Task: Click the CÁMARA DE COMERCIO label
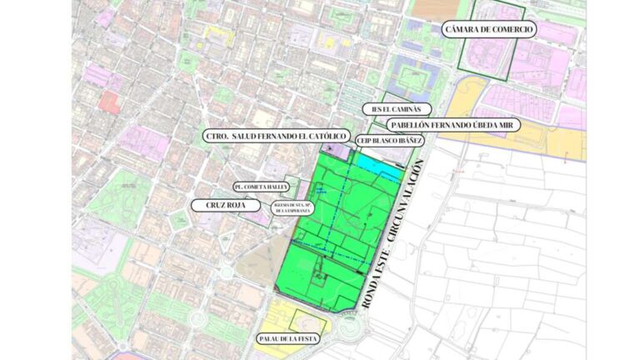489,29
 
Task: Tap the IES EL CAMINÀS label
397,109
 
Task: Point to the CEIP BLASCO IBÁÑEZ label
390,141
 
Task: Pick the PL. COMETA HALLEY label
261,187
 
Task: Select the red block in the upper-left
109,102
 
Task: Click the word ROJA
228,203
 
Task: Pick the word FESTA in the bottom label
307,340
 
